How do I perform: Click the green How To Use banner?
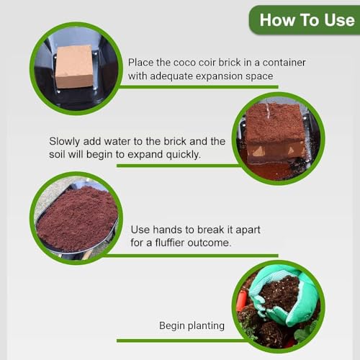click(x=305, y=19)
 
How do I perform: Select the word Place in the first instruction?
click(x=142, y=62)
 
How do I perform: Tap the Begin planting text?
click(x=192, y=326)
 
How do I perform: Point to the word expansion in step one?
click(x=235, y=76)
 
